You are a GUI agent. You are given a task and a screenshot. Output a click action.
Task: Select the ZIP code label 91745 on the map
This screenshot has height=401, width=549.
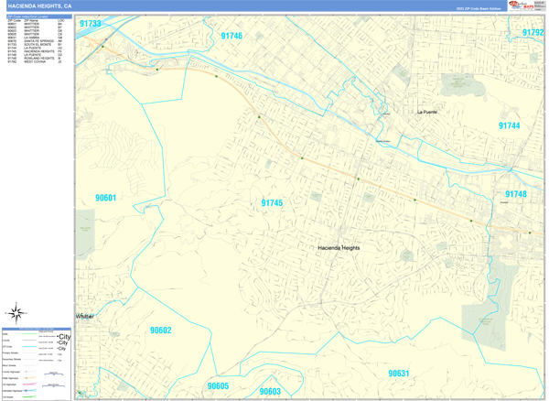(x=272, y=203)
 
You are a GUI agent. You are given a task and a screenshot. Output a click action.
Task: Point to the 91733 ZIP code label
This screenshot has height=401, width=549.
(x=90, y=24)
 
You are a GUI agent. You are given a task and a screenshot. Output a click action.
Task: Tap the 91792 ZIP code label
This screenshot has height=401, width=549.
(x=533, y=32)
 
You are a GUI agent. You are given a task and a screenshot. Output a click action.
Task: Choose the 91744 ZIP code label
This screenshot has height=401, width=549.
(x=509, y=125)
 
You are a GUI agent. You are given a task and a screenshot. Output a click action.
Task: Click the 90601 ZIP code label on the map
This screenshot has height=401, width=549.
(x=106, y=198)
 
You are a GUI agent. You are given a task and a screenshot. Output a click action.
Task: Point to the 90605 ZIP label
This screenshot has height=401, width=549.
(x=218, y=386)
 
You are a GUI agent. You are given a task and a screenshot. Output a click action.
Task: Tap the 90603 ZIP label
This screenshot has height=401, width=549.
(x=269, y=391)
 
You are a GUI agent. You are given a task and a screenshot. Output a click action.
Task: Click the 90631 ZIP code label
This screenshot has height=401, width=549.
(x=398, y=374)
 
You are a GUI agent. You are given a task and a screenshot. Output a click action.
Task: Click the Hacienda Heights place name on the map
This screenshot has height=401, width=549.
(x=339, y=248)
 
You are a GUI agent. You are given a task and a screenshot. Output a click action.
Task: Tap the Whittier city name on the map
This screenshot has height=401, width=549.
(x=84, y=316)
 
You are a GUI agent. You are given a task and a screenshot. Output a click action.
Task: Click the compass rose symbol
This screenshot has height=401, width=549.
(x=16, y=313)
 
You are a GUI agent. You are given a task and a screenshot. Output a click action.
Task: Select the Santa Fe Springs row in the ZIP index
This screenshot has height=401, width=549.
(x=38, y=42)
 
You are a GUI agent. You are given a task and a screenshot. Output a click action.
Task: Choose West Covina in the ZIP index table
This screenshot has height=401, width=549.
(x=38, y=62)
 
